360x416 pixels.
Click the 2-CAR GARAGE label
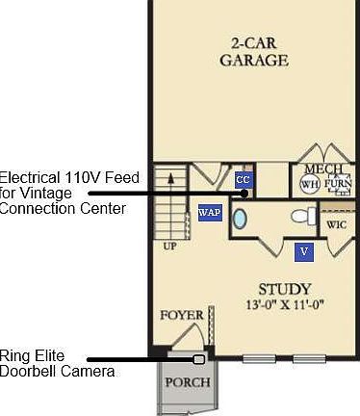[x=253, y=52]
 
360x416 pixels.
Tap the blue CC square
[x=243, y=180]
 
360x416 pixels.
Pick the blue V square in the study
[x=304, y=251]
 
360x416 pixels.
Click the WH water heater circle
[x=309, y=184]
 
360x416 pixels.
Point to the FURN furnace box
[x=338, y=183]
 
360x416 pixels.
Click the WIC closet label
[x=336, y=224]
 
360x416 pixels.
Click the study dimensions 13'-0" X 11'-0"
[x=285, y=304]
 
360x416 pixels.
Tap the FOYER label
[x=182, y=315]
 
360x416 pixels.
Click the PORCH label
[x=188, y=381]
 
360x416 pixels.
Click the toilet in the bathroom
[x=302, y=216]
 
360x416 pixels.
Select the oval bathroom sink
[x=241, y=219]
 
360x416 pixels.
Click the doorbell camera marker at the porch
[x=199, y=359]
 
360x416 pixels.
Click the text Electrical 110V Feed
[x=69, y=178]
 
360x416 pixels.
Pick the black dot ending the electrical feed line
[x=245, y=193]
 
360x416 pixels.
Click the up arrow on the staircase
[x=170, y=180]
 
